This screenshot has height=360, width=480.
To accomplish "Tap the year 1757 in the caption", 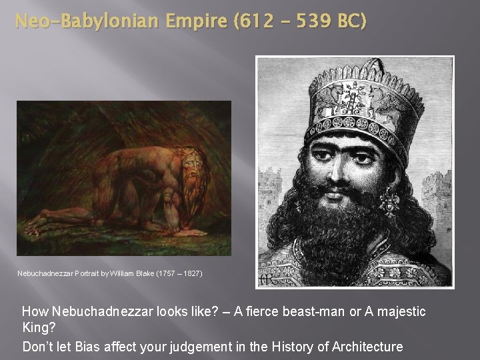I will (x=174, y=273).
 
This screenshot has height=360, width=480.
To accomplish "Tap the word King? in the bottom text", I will (x=39, y=329).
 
